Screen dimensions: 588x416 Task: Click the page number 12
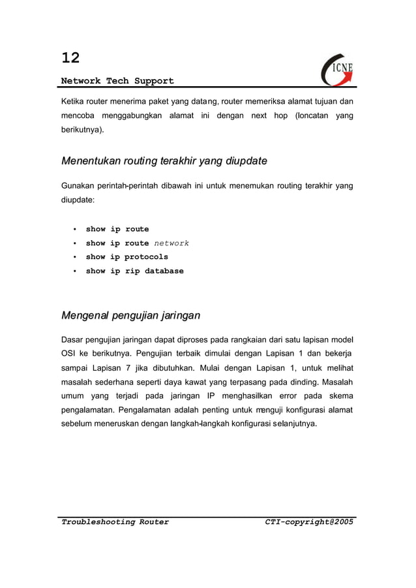click(70, 58)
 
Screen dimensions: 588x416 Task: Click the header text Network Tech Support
click(117, 81)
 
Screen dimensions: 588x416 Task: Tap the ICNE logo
click(338, 69)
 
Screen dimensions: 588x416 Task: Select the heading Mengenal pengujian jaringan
click(130, 316)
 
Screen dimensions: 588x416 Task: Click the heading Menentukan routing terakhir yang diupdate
click(164, 161)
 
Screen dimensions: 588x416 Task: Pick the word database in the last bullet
click(164, 271)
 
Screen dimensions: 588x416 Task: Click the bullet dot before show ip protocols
click(75, 257)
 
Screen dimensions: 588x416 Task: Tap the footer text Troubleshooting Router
click(115, 522)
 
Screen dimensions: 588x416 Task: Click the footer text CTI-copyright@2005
click(309, 522)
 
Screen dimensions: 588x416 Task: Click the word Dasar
click(73, 339)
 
